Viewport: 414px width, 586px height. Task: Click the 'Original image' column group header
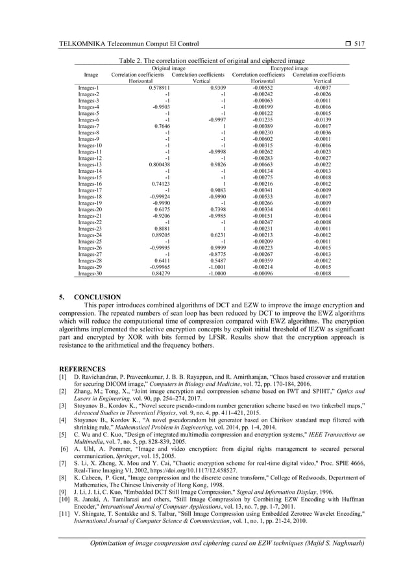pyautogui.click(x=168, y=68)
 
